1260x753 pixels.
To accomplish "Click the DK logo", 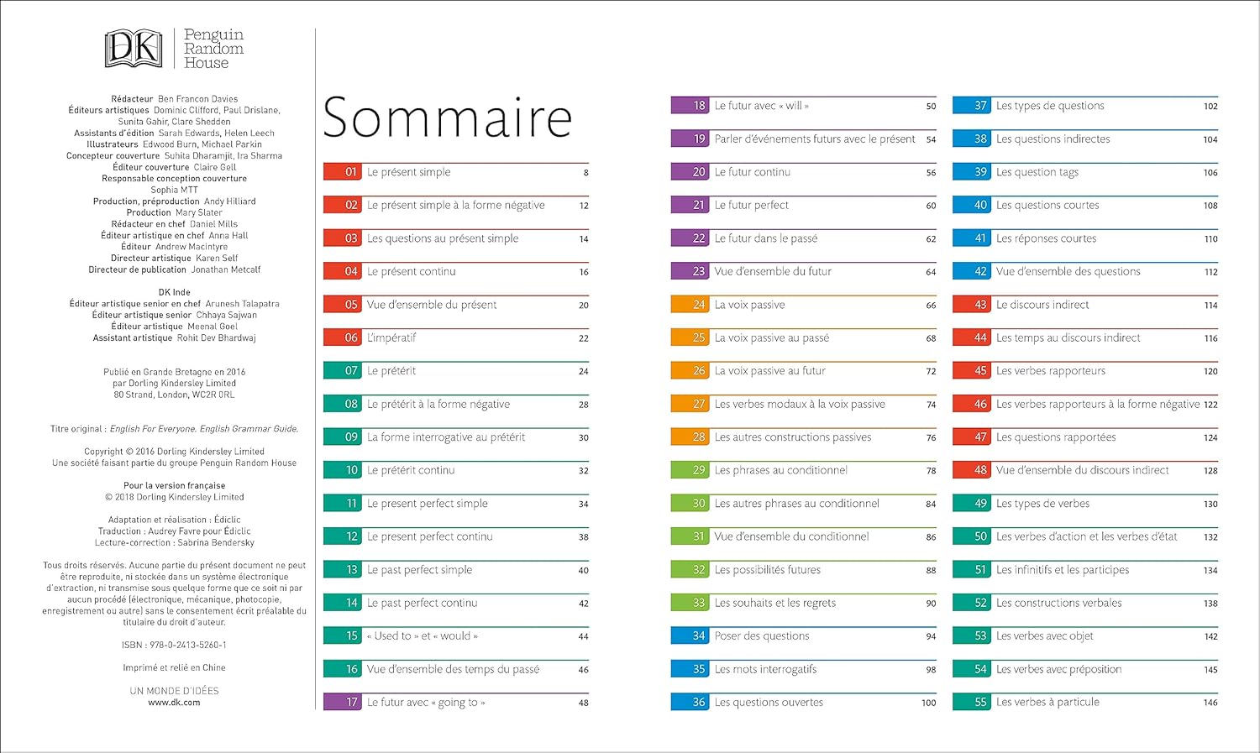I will [133, 49].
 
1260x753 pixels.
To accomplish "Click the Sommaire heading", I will [447, 118].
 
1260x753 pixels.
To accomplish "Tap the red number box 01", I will [343, 172].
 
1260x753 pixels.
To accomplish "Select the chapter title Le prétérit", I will [391, 371].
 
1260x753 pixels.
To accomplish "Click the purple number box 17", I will [343, 703].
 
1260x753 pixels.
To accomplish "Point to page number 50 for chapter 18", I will [931, 107].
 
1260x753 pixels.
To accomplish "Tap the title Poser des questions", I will [762, 636].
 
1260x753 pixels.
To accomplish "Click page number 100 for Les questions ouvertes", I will [928, 703].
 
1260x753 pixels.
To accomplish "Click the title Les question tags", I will [1037, 172].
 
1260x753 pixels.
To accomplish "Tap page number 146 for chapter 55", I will [1210, 703].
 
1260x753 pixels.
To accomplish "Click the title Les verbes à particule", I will [1047, 703].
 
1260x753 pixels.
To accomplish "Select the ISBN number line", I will [174, 646].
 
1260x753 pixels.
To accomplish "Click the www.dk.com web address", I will [174, 703].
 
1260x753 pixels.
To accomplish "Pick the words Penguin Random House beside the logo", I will [213, 49].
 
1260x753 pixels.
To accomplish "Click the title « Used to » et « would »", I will [422, 636].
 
